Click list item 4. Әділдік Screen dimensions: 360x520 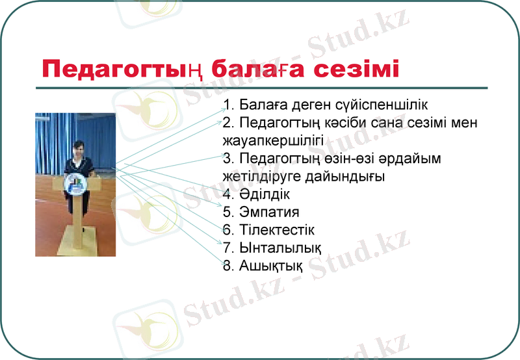tap(256, 194)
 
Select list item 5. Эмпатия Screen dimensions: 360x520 tap(261, 212)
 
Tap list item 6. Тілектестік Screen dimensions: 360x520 tap(268, 230)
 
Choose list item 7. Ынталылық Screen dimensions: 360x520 tap(272, 248)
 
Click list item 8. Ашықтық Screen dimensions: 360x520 tap(263, 265)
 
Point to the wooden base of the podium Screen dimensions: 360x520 tap(75, 248)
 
